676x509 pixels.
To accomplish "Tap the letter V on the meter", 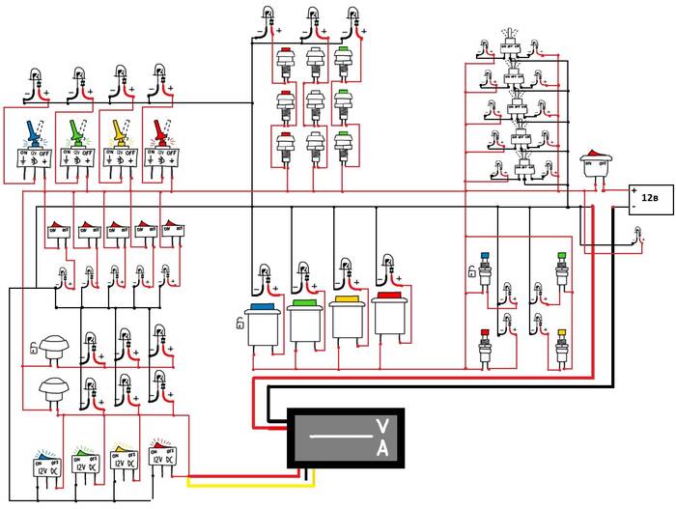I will pyautogui.click(x=381, y=427).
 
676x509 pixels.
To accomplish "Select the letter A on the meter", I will pyautogui.click(x=381, y=449).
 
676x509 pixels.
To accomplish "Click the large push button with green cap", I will pyautogui.click(x=305, y=324).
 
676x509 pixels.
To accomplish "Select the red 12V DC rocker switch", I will pyautogui.click(x=162, y=458).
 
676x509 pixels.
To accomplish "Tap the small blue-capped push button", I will pyautogui.click(x=485, y=268).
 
